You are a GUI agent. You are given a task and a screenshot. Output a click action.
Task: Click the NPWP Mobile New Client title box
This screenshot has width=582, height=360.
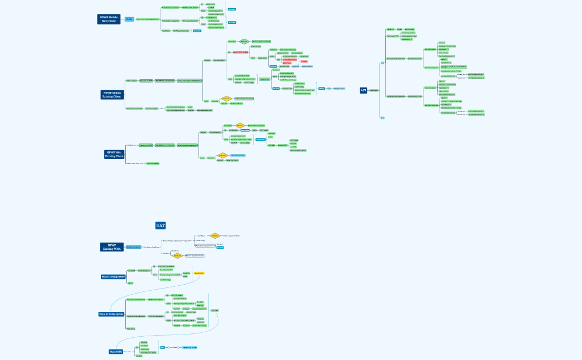click(109, 19)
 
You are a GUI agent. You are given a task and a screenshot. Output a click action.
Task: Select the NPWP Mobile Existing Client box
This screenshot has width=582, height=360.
click(111, 95)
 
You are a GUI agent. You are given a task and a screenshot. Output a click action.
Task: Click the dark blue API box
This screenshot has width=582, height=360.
click(364, 90)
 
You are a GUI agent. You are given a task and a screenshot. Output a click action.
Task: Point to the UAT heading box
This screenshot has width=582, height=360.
click(161, 225)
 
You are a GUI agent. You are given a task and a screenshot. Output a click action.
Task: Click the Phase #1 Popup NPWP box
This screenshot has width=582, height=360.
click(113, 276)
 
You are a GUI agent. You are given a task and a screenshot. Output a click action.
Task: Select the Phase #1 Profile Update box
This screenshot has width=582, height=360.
click(111, 314)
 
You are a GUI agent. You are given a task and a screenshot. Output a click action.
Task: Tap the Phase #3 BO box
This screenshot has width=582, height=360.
click(115, 352)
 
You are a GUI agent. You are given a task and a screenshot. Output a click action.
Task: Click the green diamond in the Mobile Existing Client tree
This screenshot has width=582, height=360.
click(244, 42)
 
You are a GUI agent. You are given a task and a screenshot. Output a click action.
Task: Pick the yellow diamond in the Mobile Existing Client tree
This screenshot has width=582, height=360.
click(226, 99)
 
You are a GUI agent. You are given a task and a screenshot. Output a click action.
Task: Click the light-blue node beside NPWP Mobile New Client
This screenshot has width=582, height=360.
click(129, 19)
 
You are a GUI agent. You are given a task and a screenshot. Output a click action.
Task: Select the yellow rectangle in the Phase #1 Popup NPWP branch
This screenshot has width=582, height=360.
click(199, 273)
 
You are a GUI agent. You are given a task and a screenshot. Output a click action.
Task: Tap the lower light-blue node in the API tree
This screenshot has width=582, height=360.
click(382, 117)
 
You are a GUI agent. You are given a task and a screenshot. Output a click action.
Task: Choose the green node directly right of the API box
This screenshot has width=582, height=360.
click(374, 90)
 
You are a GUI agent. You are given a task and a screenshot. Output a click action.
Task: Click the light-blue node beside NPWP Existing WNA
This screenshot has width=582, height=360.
click(134, 247)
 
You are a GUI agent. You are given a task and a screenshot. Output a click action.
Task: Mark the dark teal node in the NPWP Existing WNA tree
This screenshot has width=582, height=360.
click(220, 248)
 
